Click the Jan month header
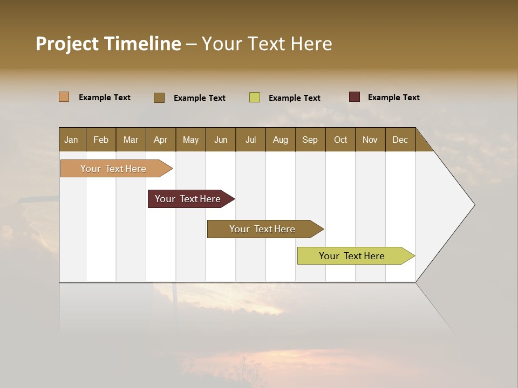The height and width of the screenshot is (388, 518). [72, 140]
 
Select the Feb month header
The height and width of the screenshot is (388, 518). [101, 140]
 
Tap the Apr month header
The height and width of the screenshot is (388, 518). [160, 140]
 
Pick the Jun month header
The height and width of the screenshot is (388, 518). [220, 140]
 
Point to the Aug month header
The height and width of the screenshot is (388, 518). [280, 140]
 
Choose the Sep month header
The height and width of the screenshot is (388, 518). [310, 140]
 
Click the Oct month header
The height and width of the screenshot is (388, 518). [340, 140]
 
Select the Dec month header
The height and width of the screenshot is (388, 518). [400, 140]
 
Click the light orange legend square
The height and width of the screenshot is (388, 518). [64, 97]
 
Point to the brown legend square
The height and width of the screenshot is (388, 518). [159, 98]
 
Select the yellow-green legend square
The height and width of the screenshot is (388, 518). [255, 98]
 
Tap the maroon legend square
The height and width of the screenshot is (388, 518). [355, 97]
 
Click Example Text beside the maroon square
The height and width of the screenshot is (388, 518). [393, 98]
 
